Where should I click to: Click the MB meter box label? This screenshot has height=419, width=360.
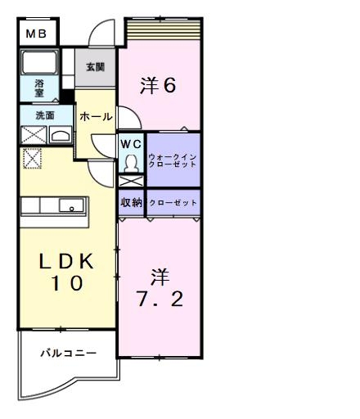[x=35, y=34]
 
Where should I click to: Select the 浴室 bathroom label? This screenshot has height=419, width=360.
[x=39, y=88]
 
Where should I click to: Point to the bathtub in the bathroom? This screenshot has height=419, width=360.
[x=38, y=62]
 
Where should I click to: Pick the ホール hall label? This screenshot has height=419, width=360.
[x=96, y=117]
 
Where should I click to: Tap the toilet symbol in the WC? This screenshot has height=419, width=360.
[x=130, y=164]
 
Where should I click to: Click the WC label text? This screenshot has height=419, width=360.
[x=131, y=144]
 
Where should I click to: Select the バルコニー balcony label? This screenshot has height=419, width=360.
[x=69, y=354]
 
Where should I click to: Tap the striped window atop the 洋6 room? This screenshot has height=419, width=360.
[x=162, y=30]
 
